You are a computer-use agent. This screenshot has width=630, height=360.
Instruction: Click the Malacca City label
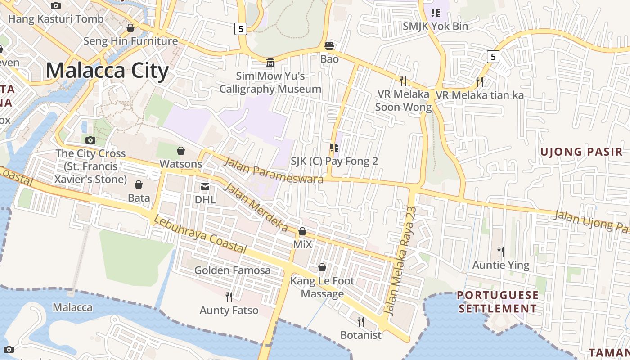107,71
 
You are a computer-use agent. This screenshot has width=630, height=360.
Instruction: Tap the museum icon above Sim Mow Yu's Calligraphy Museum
270,62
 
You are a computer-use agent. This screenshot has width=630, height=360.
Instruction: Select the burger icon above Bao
329,45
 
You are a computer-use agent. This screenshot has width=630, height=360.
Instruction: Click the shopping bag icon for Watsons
181,150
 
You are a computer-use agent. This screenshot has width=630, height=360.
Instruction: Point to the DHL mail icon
205,186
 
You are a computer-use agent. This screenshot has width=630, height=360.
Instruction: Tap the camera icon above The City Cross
90,140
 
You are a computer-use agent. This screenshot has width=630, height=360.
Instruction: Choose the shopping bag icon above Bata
139,184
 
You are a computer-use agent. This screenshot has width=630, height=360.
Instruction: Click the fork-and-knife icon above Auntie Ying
500,251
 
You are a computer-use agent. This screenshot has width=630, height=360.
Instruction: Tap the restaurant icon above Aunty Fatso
229,297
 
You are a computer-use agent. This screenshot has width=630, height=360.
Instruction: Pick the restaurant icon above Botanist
360,321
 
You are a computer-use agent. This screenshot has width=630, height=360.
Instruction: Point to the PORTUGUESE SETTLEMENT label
497,302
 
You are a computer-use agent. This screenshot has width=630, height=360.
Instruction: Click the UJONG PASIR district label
581,152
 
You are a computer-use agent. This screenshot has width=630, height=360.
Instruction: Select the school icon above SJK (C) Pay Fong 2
334,147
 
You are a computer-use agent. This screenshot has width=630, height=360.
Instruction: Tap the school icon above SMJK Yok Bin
435,13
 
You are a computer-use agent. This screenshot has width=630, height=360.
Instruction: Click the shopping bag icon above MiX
302,231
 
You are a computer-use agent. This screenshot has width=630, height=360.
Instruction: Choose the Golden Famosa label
232,270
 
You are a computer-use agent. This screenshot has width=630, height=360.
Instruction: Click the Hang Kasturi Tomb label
56,19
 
